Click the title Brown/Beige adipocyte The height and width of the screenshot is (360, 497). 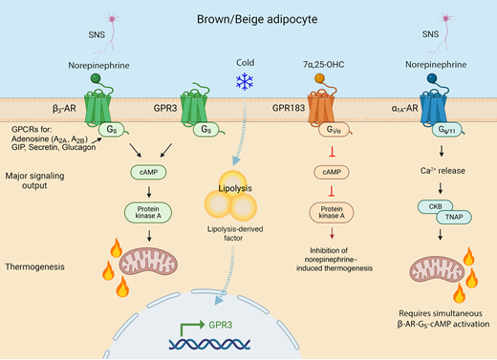click(248, 18)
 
